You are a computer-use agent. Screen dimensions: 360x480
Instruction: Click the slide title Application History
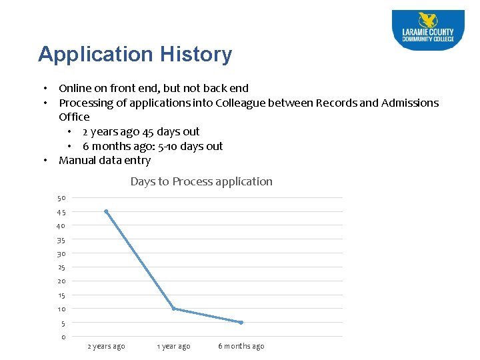135,55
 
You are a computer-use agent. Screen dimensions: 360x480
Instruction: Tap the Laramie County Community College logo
427,30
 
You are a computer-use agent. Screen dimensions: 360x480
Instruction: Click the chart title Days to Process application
201,181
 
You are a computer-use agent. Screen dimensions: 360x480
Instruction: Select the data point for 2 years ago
106,211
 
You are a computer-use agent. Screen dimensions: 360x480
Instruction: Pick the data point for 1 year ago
173,309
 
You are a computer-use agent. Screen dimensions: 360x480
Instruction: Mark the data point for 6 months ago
241,323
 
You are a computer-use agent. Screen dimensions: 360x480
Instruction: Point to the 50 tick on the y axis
61,198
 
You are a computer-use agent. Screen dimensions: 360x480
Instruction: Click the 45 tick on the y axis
61,212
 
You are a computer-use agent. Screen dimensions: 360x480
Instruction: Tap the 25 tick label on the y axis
61,267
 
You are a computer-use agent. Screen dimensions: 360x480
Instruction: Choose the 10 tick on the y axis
61,309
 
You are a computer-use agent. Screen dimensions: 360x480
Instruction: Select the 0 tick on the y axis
63,337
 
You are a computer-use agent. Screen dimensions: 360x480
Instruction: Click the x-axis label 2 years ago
106,347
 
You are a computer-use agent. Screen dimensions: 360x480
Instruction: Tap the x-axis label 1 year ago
173,347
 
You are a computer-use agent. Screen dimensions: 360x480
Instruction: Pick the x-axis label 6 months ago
241,347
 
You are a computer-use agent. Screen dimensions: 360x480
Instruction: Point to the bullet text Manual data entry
105,160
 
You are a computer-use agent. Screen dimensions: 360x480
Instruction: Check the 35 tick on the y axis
61,240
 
